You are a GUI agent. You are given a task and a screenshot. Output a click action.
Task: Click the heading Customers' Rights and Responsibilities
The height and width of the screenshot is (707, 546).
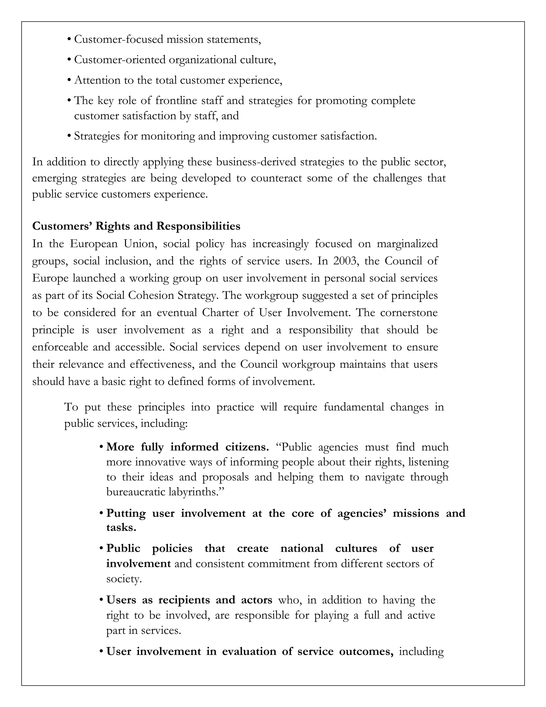(x=136, y=226)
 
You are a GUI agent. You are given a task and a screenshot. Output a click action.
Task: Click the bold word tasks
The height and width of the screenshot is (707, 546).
(x=121, y=527)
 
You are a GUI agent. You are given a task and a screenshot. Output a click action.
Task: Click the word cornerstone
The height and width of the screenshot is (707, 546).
(x=409, y=312)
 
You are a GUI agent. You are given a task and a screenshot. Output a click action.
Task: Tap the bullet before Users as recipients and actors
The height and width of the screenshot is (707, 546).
(x=101, y=601)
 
